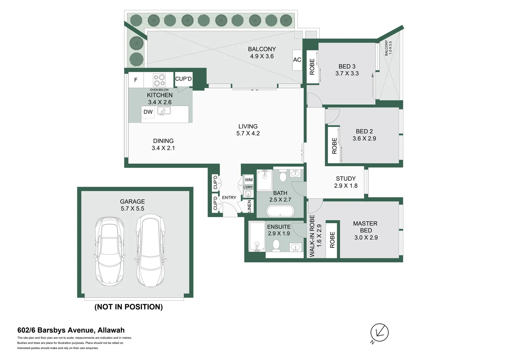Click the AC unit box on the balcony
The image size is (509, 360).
(x=297, y=60)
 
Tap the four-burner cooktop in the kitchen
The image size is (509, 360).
(x=159, y=80)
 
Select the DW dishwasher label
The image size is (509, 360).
(x=148, y=112)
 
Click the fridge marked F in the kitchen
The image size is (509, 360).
(x=136, y=80)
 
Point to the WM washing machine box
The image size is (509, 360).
(x=249, y=180)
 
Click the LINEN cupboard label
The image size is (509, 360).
(x=249, y=206)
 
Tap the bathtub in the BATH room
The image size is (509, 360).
(x=280, y=211)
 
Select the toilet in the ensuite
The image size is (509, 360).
(x=276, y=245)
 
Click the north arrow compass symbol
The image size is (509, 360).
(x=379, y=332)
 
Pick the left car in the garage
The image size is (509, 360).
(x=110, y=251)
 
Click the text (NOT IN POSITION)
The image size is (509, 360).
(x=129, y=307)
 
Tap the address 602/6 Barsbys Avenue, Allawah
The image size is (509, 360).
(x=71, y=330)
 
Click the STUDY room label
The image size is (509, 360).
(x=345, y=179)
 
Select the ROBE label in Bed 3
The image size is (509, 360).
(x=312, y=67)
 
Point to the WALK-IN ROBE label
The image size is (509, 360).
(x=312, y=236)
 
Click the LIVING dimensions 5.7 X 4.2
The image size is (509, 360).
(x=248, y=133)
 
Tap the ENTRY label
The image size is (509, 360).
(x=229, y=198)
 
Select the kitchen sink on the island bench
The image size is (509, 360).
(x=164, y=111)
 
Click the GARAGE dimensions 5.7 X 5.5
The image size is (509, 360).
(x=132, y=209)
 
